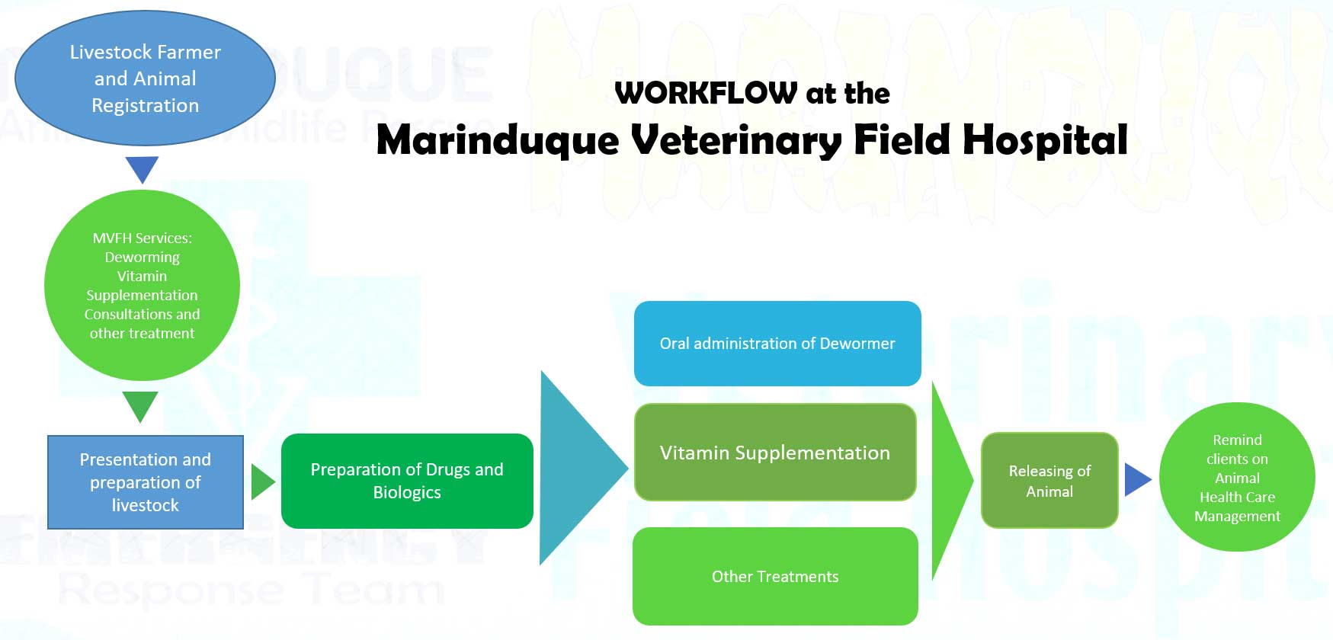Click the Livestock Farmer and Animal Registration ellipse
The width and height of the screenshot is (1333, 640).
tap(145, 78)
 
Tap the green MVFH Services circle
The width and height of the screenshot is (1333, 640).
tap(142, 286)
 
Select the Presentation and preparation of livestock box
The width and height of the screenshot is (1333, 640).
tap(145, 482)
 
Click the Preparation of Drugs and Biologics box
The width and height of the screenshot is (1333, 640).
tap(407, 481)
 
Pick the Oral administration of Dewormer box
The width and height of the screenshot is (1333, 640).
tap(777, 344)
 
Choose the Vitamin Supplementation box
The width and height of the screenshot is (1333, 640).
tap(774, 453)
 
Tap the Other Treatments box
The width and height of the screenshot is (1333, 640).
tap(775, 577)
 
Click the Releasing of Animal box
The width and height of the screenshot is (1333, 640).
tap(1049, 481)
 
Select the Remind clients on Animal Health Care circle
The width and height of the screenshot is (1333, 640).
tap(1237, 478)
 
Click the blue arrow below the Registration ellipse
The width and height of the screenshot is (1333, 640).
tap(142, 168)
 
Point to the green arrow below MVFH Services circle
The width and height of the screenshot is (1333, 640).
tap(140, 405)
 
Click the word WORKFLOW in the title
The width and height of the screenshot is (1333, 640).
tap(705, 93)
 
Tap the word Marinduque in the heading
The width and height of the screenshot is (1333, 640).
tap(497, 141)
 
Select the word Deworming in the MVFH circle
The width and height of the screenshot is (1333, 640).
tap(142, 258)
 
